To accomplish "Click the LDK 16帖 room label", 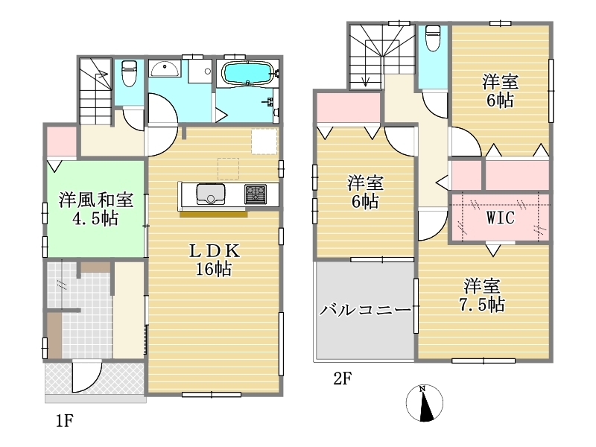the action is pyautogui.click(x=215, y=260).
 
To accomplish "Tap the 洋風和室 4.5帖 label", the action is pyautogui.click(x=96, y=209).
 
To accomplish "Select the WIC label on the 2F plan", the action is pyautogui.click(x=501, y=218).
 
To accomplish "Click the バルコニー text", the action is pyautogui.click(x=365, y=310).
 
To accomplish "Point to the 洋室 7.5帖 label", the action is pyautogui.click(x=482, y=295).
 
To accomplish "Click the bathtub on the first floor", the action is pyautogui.click(x=247, y=73).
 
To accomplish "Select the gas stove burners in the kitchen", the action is pyautogui.click(x=256, y=194).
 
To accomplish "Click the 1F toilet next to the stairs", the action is pyautogui.click(x=129, y=73).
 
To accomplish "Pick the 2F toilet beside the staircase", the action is pyautogui.click(x=433, y=38).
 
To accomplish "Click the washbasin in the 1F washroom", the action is pyautogui.click(x=165, y=69).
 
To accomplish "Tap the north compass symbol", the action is pyautogui.click(x=424, y=403).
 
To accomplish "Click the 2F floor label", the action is pyautogui.click(x=343, y=378).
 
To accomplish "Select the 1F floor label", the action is pyautogui.click(x=64, y=421).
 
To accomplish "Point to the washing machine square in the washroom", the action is pyautogui.click(x=200, y=71).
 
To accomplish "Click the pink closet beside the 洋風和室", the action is pyautogui.click(x=62, y=142).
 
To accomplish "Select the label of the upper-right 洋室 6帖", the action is pyautogui.click(x=500, y=91).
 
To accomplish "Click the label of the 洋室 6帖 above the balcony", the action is pyautogui.click(x=365, y=192).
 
